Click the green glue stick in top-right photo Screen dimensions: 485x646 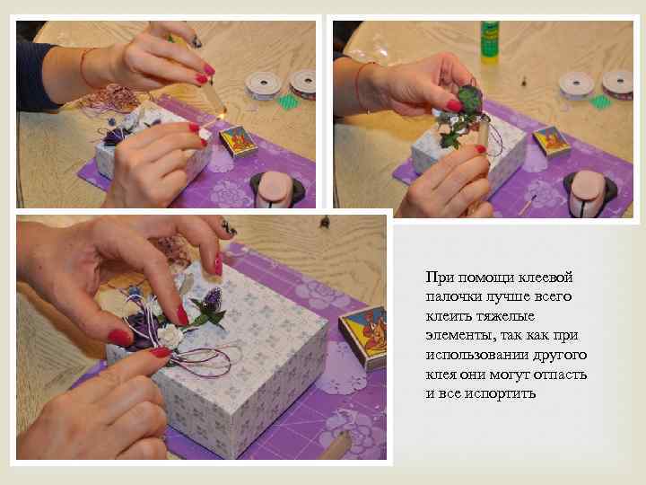(489, 42)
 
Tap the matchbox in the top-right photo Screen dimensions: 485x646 (550, 141)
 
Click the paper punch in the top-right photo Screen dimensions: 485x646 (589, 191)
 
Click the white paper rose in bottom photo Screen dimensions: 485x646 (170, 335)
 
